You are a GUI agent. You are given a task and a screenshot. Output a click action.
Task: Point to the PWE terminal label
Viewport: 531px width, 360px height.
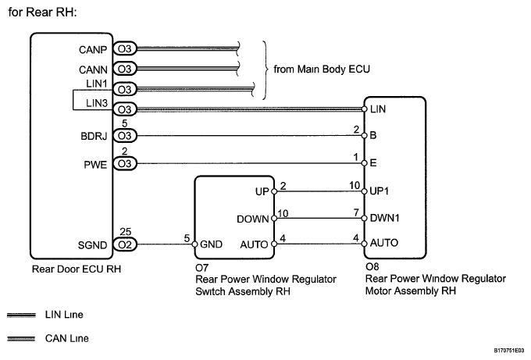click(98, 164)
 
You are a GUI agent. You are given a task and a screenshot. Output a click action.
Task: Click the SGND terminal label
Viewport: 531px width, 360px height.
click(95, 244)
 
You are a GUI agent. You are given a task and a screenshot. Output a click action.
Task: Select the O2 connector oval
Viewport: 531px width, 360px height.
click(125, 244)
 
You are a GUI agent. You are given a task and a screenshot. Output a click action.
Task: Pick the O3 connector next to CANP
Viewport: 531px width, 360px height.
click(125, 48)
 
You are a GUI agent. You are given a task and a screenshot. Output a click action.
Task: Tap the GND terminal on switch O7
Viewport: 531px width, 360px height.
click(213, 244)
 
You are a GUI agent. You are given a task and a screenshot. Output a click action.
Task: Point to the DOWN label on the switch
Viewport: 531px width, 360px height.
click(252, 218)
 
